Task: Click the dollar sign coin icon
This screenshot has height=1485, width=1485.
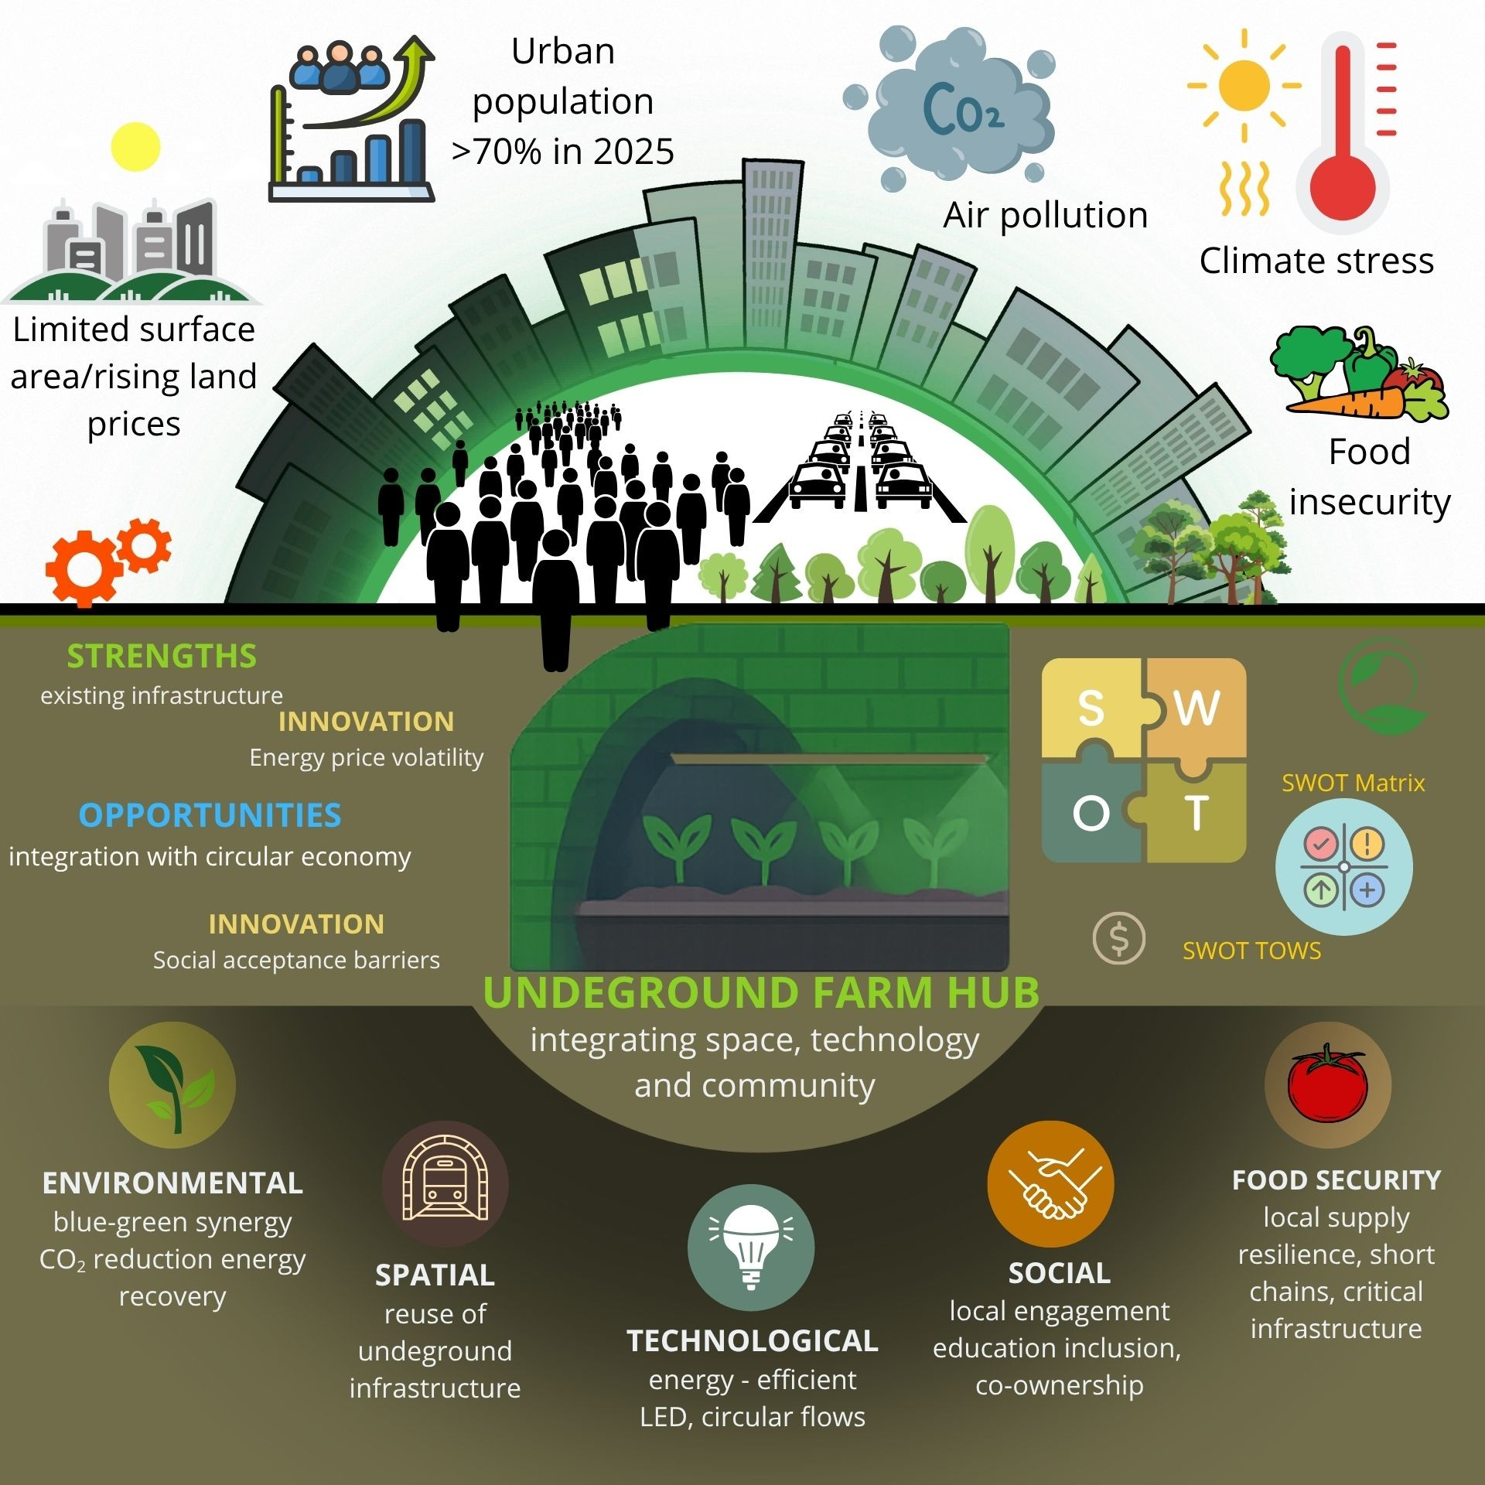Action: [1118, 938]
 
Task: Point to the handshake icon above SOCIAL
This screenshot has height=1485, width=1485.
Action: [1050, 1183]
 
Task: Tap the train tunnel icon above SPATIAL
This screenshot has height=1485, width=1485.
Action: [445, 1183]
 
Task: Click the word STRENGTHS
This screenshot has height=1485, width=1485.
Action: [162, 657]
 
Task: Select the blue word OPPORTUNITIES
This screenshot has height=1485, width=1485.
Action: [210, 816]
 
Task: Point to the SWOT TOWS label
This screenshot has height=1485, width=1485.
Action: [1251, 951]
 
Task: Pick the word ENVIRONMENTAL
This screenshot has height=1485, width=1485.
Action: [172, 1183]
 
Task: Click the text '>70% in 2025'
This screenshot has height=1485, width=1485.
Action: [563, 152]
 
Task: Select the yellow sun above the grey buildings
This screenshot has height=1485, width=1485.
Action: [135, 147]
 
